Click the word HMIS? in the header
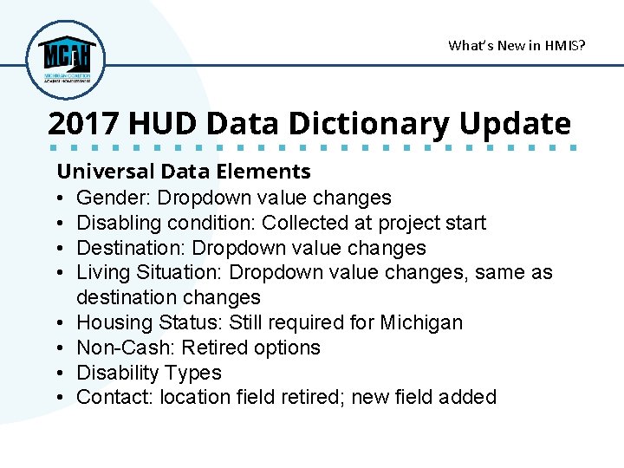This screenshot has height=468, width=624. pyautogui.click(x=564, y=45)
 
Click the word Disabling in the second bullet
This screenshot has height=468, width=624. pyautogui.click(x=115, y=223)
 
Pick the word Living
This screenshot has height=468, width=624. pyautogui.click(x=101, y=272)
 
